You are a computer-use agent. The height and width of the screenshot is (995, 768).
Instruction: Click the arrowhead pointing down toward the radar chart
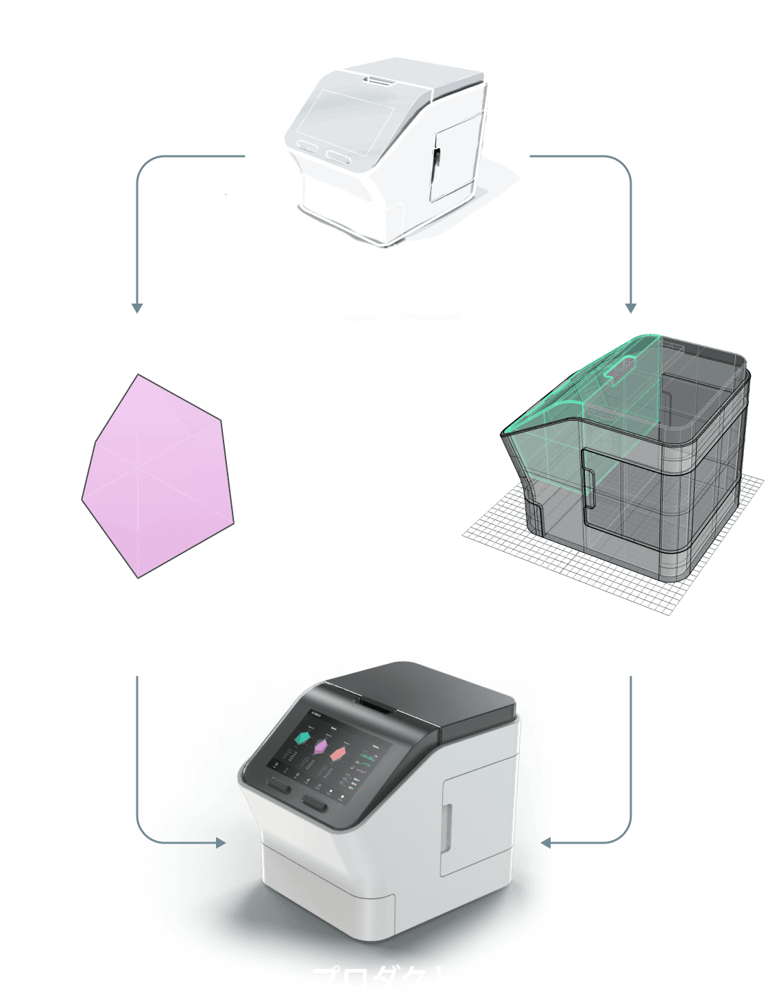pyautogui.click(x=137, y=308)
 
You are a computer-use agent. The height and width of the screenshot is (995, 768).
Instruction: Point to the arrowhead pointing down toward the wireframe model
pyautogui.click(x=631, y=308)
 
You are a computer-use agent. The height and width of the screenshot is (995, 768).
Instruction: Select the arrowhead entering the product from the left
pyautogui.click(x=221, y=842)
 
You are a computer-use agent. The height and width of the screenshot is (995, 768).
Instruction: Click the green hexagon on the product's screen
pyautogui.click(x=302, y=738)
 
